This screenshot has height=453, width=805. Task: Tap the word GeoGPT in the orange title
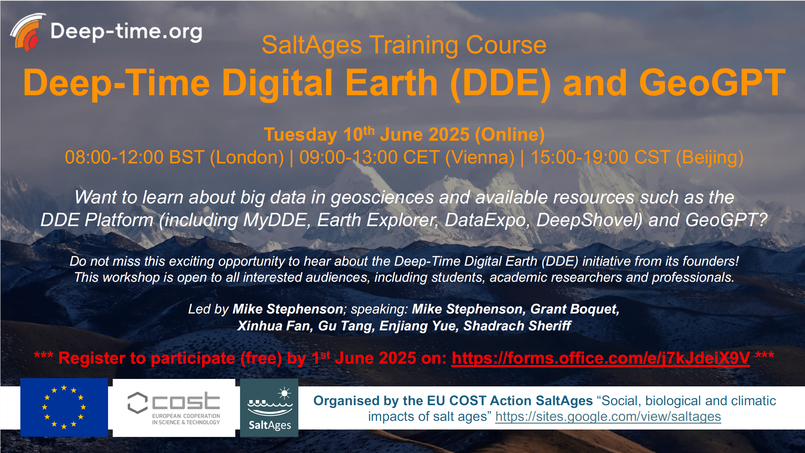click(x=712, y=83)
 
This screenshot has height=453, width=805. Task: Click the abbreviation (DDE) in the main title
click(x=500, y=83)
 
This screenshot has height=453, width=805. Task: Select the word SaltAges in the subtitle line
click(x=312, y=45)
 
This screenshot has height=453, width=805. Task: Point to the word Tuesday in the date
click(x=300, y=135)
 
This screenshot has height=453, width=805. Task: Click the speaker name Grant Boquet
click(x=575, y=309)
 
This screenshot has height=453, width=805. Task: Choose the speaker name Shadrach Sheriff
click(x=517, y=326)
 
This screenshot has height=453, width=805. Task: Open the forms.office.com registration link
click(x=601, y=358)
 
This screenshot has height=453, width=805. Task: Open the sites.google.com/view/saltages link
click(x=608, y=417)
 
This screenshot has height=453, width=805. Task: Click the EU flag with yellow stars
click(x=64, y=408)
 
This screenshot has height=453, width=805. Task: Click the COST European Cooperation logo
click(x=174, y=408)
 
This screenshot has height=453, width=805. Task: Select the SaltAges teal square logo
click(x=269, y=408)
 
